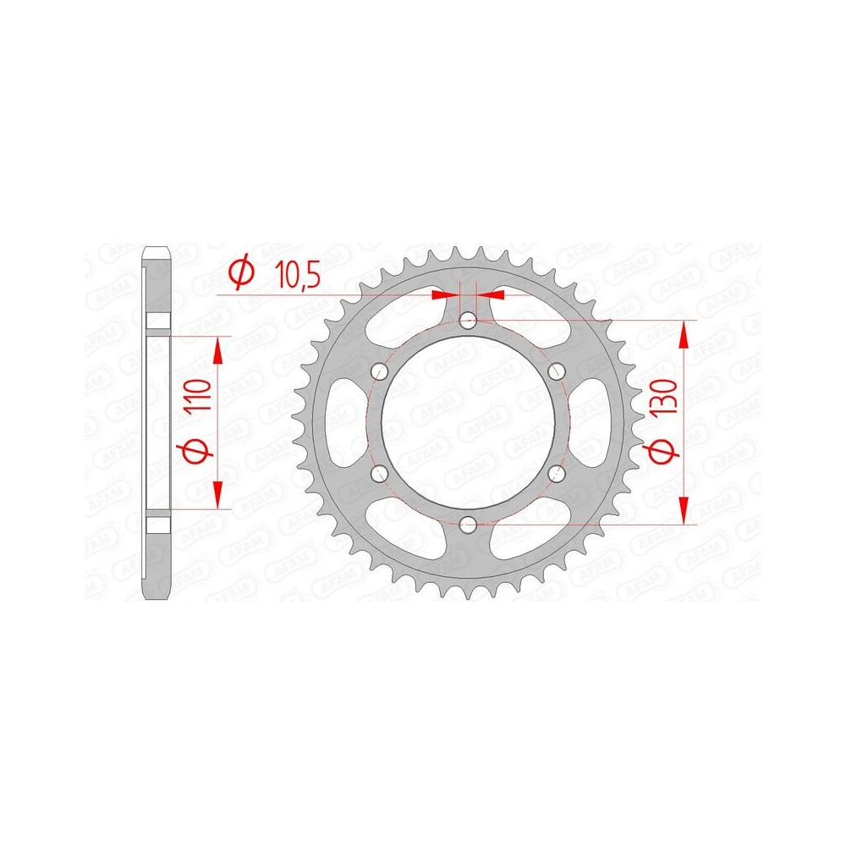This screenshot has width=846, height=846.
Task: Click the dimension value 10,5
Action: [297, 275]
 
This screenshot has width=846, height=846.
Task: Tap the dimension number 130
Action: [663, 397]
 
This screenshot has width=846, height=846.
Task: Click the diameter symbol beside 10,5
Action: [240, 272]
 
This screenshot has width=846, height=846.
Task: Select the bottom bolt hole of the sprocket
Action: [469, 524]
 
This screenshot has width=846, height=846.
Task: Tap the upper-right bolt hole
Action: [557, 371]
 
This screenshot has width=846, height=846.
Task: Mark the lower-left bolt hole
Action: [381, 474]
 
